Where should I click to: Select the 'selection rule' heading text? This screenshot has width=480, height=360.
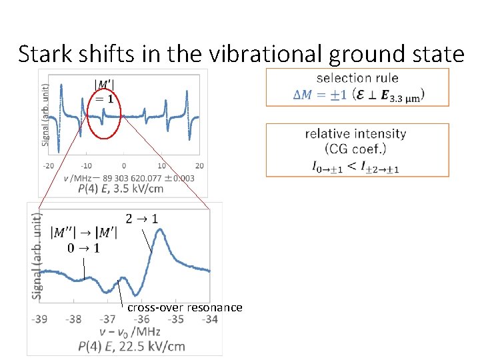(357, 78)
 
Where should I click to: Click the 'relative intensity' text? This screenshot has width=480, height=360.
(355, 134)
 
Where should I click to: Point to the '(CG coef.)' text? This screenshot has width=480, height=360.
(355, 149)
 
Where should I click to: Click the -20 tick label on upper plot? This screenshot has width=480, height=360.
(49, 165)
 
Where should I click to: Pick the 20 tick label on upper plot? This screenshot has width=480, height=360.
(199, 165)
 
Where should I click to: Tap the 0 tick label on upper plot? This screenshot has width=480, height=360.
(124, 165)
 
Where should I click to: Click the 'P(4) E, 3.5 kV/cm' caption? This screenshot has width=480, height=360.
(120, 189)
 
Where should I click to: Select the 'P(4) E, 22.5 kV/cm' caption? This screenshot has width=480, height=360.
(131, 345)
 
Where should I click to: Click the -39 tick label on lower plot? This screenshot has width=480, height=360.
(39, 319)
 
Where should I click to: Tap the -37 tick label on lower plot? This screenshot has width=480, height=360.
(108, 319)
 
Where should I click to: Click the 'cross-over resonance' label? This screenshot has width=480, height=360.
(185, 307)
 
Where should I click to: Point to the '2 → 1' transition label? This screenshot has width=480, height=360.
(141, 218)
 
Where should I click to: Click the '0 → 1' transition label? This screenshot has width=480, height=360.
(84, 249)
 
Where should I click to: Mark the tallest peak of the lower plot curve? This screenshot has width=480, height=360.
(160, 230)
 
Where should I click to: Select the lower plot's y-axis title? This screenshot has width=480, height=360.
(37, 255)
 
